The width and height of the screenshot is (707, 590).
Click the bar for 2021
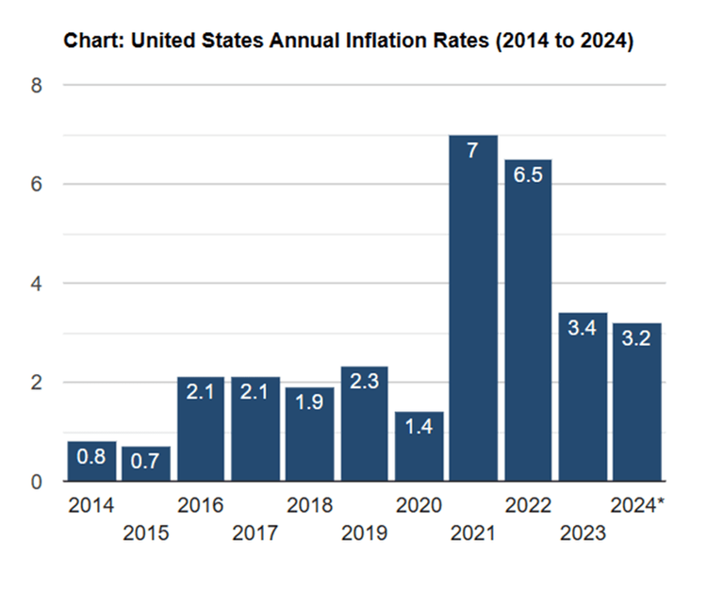coord(473,311)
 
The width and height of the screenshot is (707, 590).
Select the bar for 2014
coord(91,462)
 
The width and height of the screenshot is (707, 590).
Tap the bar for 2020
coord(419,448)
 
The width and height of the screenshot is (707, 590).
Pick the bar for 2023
coord(582,401)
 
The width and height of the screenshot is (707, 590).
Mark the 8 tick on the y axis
coord(37,86)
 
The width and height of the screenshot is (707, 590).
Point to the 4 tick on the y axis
coord(37,284)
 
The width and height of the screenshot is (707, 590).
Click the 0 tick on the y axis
coord(37,483)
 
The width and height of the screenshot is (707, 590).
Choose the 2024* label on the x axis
coord(637,506)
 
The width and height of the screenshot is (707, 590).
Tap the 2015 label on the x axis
coord(145,534)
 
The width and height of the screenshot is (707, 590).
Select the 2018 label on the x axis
coord(309,506)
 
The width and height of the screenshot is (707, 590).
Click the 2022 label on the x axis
coord(528,506)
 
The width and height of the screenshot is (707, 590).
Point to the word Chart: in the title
coord(89,42)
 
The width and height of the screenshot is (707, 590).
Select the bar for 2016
coord(201,429)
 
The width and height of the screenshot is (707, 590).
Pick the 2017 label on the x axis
coord(255,534)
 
